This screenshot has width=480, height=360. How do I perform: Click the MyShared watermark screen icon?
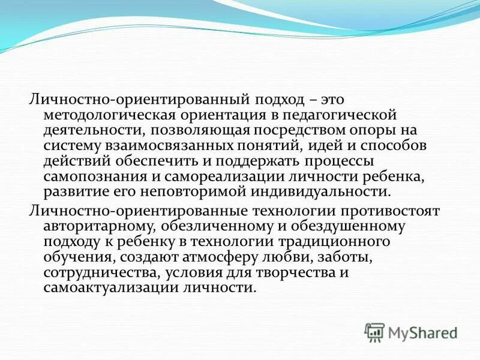pos(375,332)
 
